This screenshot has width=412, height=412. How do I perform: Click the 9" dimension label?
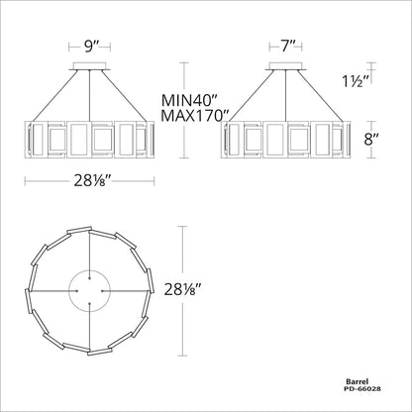point(89,47)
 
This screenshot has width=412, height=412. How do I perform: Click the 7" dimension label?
point(285,47)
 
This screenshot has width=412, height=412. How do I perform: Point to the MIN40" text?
point(190,100)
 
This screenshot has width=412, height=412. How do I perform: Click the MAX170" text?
point(195,116)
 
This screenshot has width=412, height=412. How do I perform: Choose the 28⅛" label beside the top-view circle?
point(183,290)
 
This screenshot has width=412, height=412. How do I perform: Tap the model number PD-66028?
point(362,389)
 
